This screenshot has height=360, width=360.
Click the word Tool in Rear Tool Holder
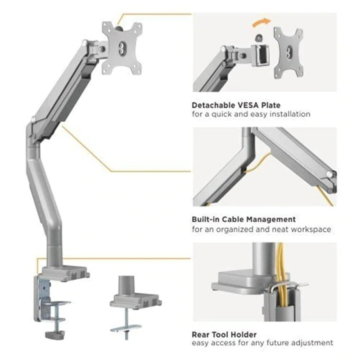[x=220, y=334]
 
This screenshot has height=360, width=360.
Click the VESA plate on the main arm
[x=122, y=48]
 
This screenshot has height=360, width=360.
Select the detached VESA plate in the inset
[x=288, y=53]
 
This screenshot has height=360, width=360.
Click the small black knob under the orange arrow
[x=259, y=38]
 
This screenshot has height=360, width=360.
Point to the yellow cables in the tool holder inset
[x=282, y=276]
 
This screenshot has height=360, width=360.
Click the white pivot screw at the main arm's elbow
[x=33, y=119]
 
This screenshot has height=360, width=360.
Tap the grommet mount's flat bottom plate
[x=126, y=328]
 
